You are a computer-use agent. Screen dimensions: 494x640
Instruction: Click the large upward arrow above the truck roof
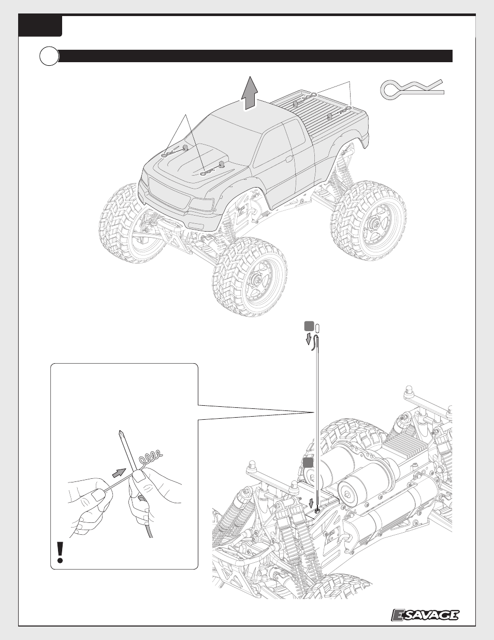pyautogui.click(x=250, y=94)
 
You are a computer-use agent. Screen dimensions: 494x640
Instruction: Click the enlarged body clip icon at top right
pyautogui.click(x=412, y=89)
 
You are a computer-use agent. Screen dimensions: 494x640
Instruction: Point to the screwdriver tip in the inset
pyautogui.click(x=120, y=433)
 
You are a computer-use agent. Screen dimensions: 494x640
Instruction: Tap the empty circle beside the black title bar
pyautogui.click(x=49, y=56)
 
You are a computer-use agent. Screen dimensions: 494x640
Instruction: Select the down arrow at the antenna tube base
pyautogui.click(x=312, y=504)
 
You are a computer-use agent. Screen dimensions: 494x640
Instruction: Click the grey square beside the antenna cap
pyautogui.click(x=309, y=326)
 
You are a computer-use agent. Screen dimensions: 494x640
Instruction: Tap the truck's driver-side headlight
pyautogui.click(x=201, y=204)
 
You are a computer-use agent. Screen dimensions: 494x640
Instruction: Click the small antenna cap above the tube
pyautogui.click(x=317, y=328)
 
